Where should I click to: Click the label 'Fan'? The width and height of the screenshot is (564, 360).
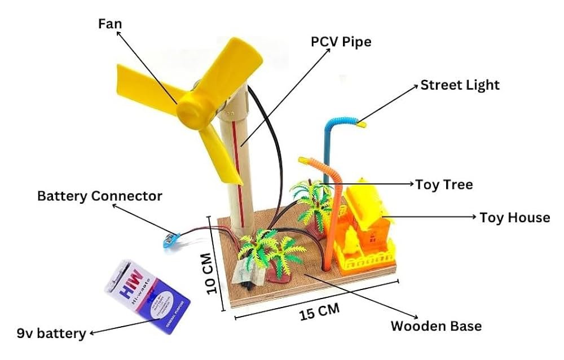(x=110, y=24)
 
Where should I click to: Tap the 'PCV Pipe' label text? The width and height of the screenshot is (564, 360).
(x=341, y=42)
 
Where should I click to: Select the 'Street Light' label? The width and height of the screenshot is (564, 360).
(x=460, y=85)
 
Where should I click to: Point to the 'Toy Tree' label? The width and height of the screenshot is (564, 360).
(x=444, y=184)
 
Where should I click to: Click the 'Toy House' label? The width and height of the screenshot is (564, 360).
(x=514, y=217)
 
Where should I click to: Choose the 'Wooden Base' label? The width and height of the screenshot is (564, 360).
(x=436, y=326)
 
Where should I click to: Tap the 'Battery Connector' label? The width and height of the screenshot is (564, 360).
(x=99, y=196)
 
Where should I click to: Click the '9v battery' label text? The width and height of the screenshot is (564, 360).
(x=51, y=333)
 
